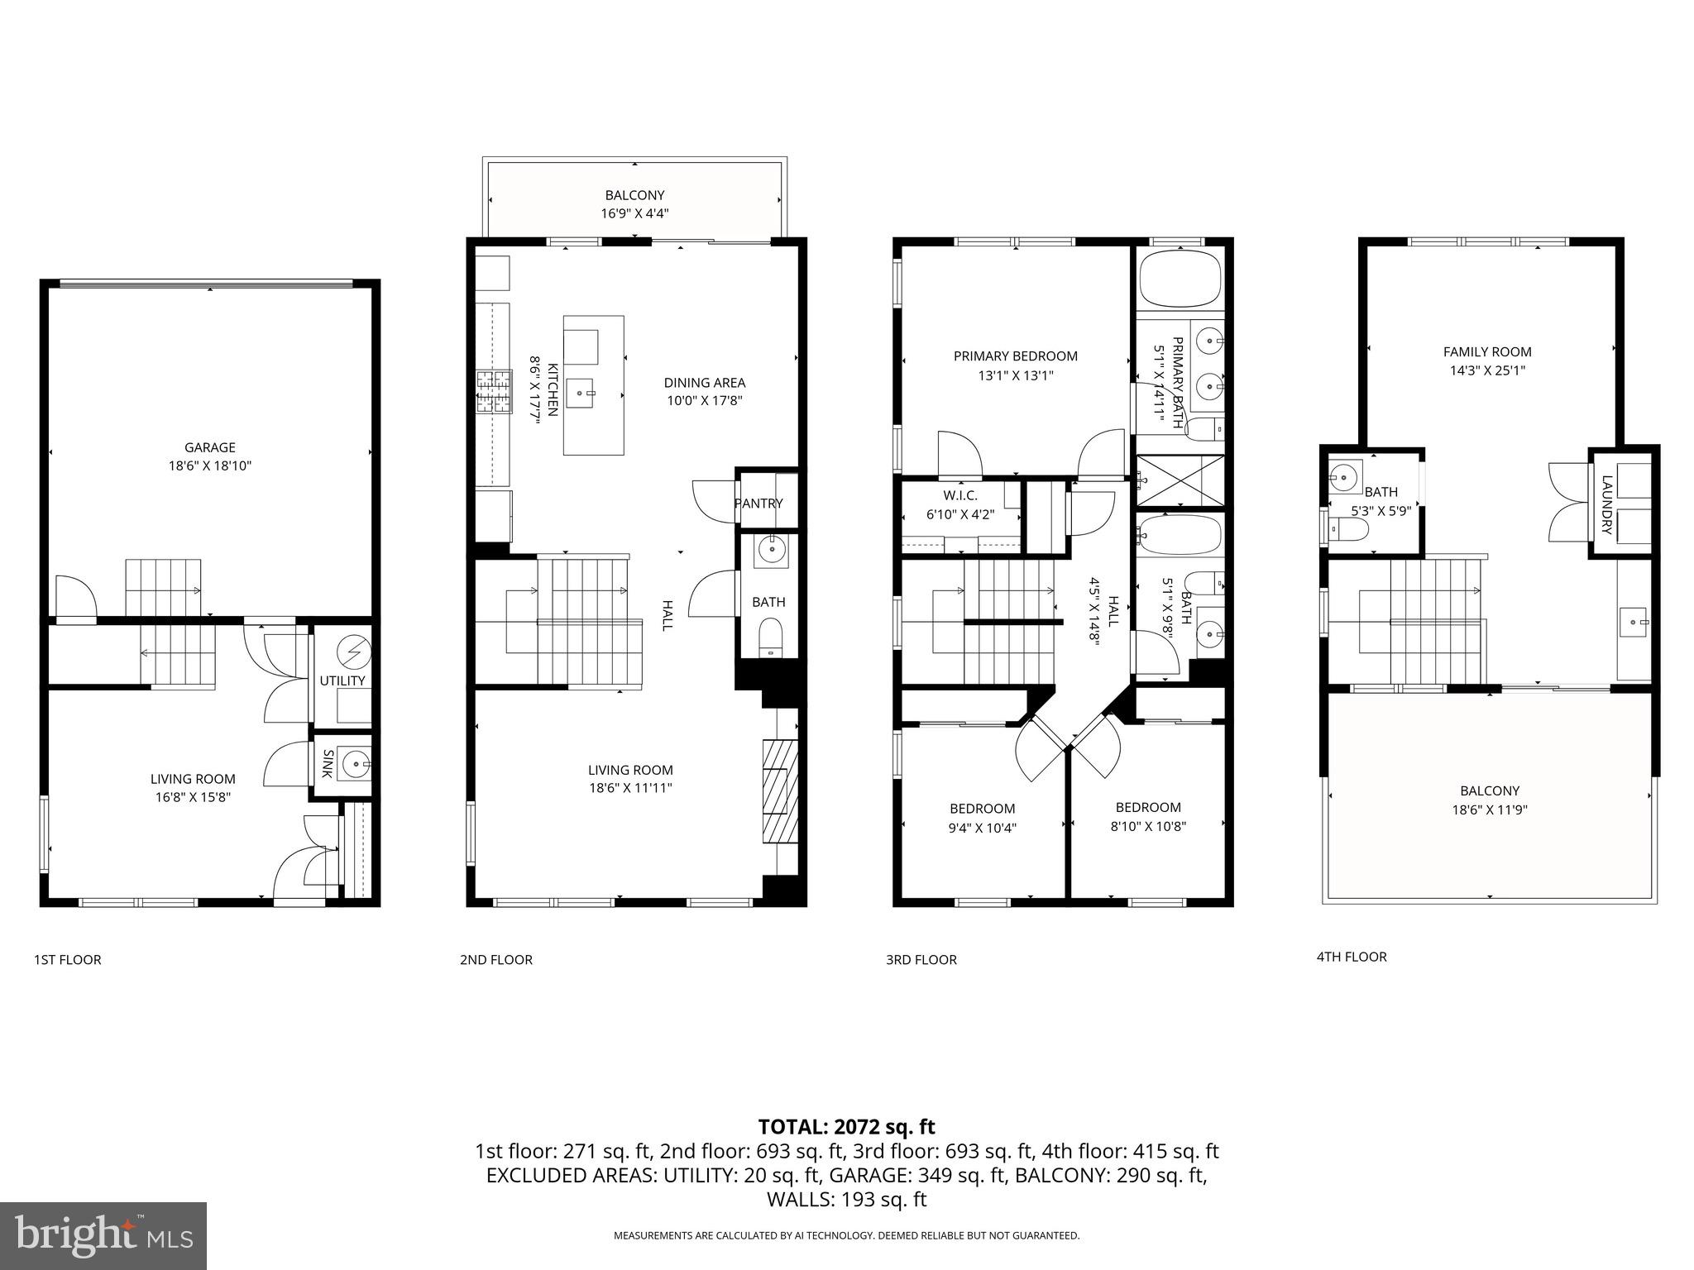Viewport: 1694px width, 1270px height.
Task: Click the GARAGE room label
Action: (x=209, y=447)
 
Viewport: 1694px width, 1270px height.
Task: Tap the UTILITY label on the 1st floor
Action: (x=342, y=680)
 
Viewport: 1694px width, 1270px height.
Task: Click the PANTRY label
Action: (x=758, y=503)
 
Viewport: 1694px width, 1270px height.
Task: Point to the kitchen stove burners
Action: (x=494, y=392)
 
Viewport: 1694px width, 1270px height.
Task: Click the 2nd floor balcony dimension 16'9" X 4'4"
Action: (x=634, y=213)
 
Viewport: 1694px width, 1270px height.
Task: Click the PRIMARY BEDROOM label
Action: (x=1015, y=356)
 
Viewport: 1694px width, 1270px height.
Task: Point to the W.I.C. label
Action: (x=959, y=495)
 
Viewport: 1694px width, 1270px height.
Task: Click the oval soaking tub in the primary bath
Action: (x=1180, y=279)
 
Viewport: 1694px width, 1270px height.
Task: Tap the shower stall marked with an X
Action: (x=1180, y=480)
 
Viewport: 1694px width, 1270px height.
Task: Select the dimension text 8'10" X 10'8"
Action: (x=1147, y=825)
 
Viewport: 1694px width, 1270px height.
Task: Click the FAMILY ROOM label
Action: (x=1486, y=351)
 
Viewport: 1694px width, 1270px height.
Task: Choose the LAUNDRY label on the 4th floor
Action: (x=1606, y=504)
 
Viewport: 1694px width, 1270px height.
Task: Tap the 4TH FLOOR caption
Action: (x=1351, y=957)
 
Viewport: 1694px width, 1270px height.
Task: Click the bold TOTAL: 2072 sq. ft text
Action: (x=846, y=1126)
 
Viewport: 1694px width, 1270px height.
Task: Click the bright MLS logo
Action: (x=103, y=1236)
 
